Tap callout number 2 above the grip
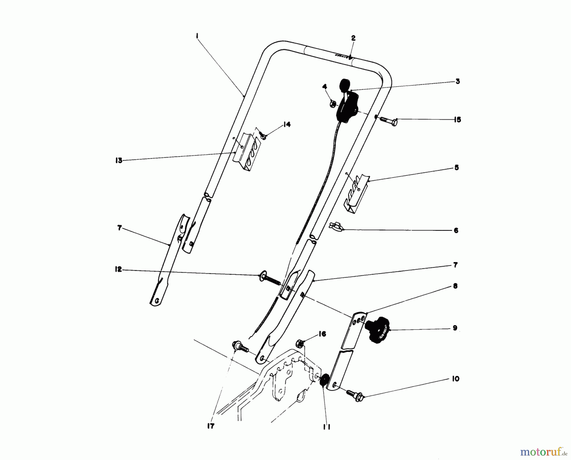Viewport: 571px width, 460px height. tap(353, 38)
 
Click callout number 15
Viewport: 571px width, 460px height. tap(457, 120)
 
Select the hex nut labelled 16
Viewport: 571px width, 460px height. tap(300, 344)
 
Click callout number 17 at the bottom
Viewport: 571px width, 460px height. tap(211, 426)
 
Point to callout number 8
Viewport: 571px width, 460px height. tap(456, 286)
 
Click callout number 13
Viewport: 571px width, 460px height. tap(119, 161)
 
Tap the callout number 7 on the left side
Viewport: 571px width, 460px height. tap(119, 228)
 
